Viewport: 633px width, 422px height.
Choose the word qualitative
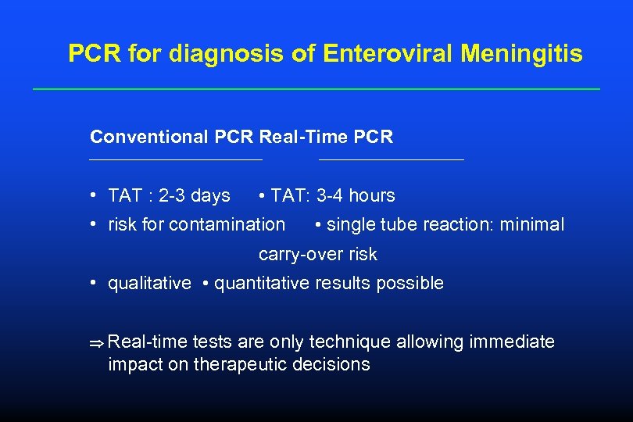(149, 284)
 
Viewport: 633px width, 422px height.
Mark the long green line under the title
(316, 89)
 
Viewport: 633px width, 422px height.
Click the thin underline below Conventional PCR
(176, 160)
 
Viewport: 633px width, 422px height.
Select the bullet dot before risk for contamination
(93, 225)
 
